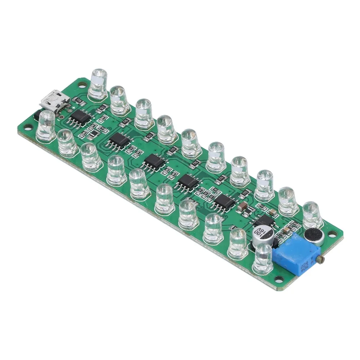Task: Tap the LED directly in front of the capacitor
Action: [263, 258]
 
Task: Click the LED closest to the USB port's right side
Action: [98, 84]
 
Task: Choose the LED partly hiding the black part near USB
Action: [46, 125]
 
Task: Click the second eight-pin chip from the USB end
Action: [119, 140]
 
